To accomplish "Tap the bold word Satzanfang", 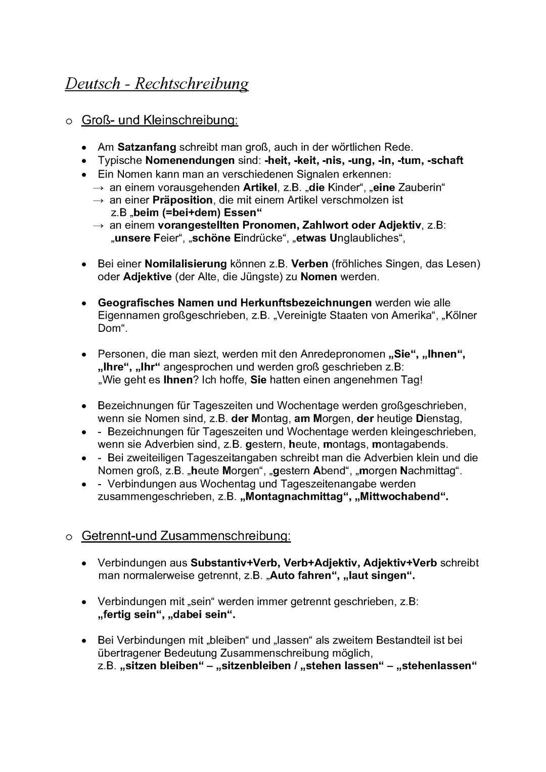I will point(147,147).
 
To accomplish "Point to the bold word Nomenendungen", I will point(190,160).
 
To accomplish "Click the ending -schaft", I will point(445,160).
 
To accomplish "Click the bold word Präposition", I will point(183,200).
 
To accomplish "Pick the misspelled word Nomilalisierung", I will point(186,264).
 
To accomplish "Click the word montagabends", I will point(409,444).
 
